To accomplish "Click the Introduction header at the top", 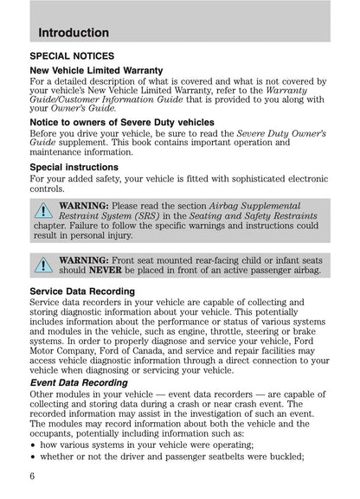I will [x=74, y=33].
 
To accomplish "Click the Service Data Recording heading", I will [x=82, y=291].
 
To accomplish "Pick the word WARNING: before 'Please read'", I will [x=84, y=206].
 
